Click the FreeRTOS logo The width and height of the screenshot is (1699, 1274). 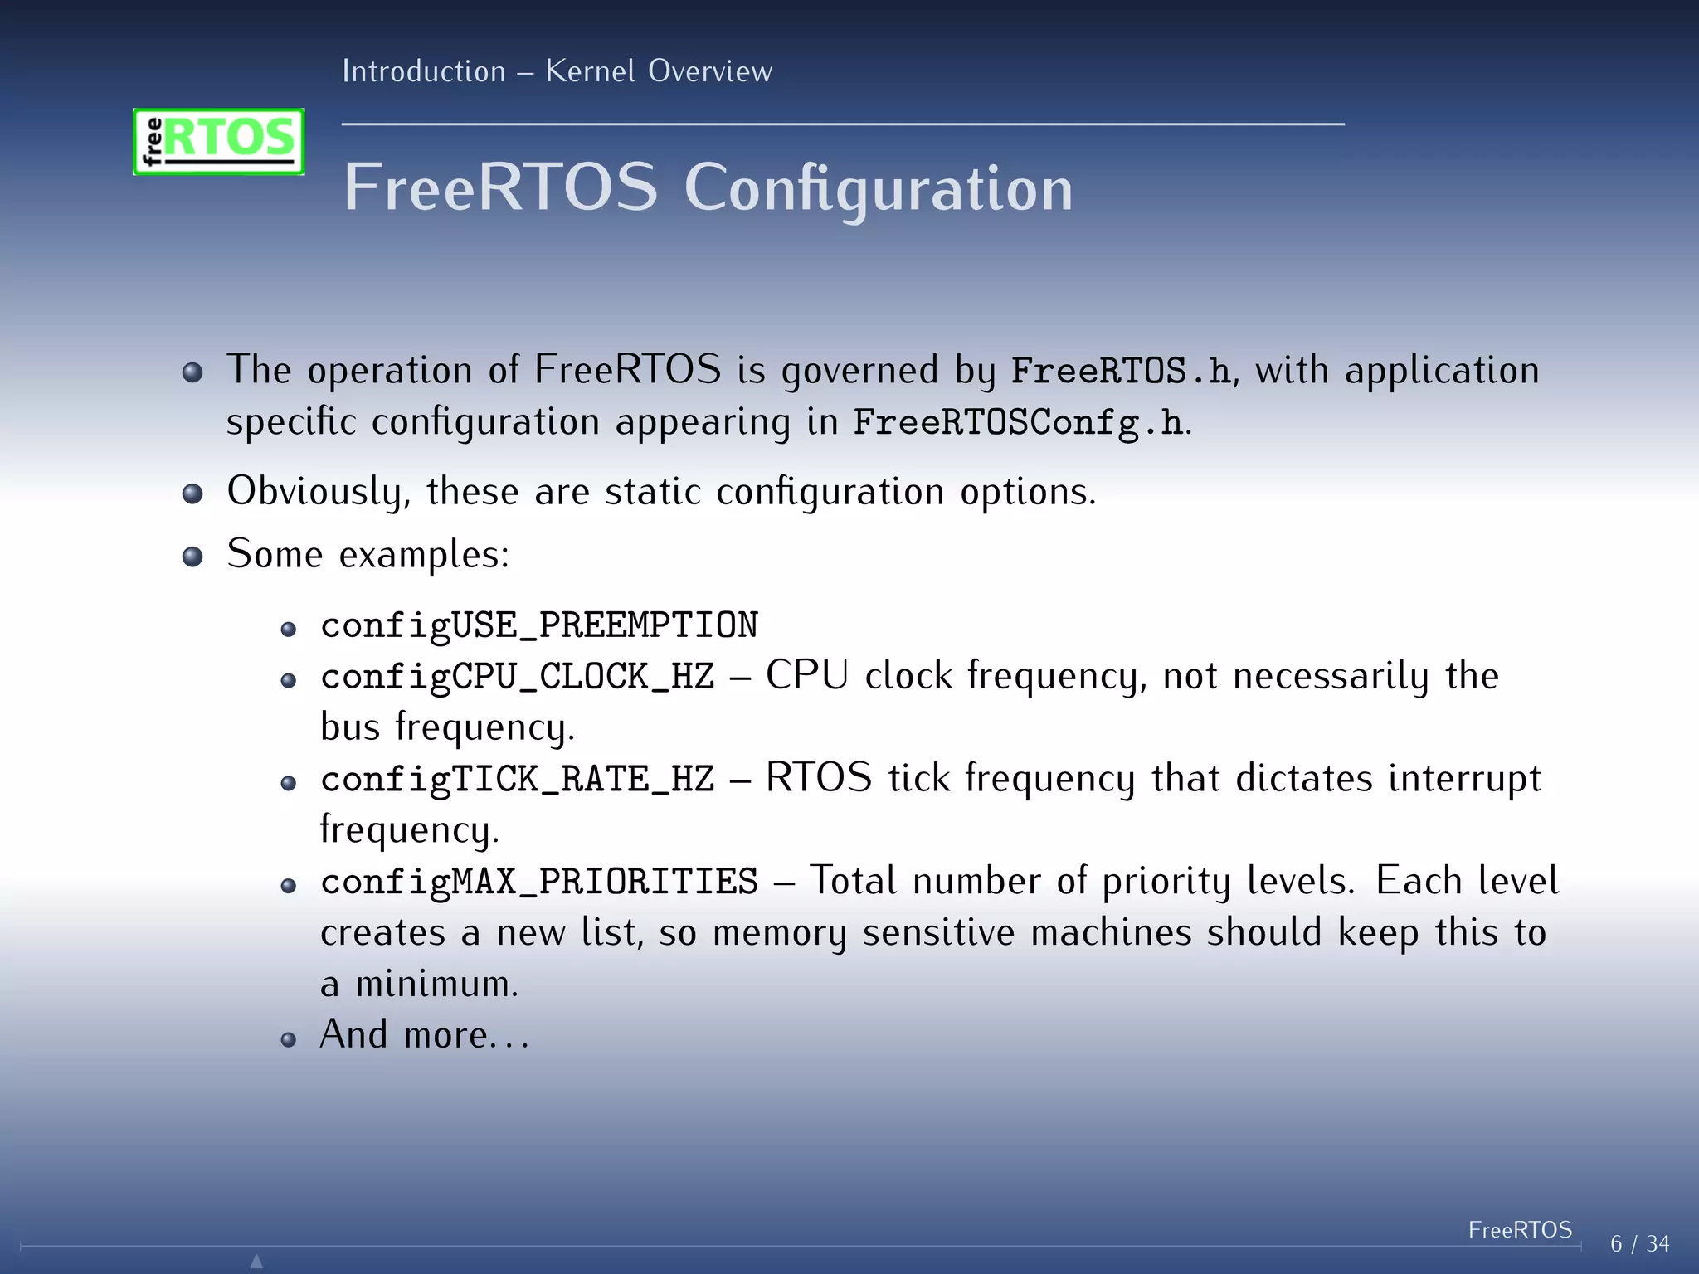[218, 141]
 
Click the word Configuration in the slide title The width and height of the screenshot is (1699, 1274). [878, 188]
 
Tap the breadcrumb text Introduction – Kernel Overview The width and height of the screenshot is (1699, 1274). [557, 71]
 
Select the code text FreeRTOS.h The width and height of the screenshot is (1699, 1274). [1121, 371]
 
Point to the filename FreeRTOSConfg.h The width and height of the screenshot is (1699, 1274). [1018, 422]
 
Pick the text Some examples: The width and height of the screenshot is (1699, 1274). [368, 554]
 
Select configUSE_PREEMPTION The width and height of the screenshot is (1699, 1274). [539, 625]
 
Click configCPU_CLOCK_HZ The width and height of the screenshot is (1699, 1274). [518, 677]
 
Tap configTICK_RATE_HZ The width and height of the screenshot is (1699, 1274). [518, 780]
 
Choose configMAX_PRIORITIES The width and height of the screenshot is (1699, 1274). [539, 882]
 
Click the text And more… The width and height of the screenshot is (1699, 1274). [423, 1035]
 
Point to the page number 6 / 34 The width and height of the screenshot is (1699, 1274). [1639, 1244]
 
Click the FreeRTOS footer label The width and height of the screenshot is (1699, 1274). [1520, 1229]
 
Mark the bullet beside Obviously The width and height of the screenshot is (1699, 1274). [192, 494]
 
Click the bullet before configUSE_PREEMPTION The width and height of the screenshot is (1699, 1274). [289, 629]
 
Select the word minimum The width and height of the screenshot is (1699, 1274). [436, 985]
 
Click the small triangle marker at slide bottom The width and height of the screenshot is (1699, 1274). [256, 1261]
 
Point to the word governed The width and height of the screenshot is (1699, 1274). [860, 371]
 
